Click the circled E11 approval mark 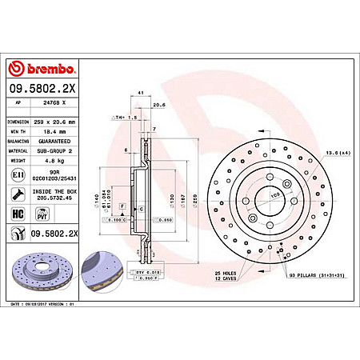click(18, 174)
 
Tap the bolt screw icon click(18, 194)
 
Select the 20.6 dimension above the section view click(158, 104)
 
